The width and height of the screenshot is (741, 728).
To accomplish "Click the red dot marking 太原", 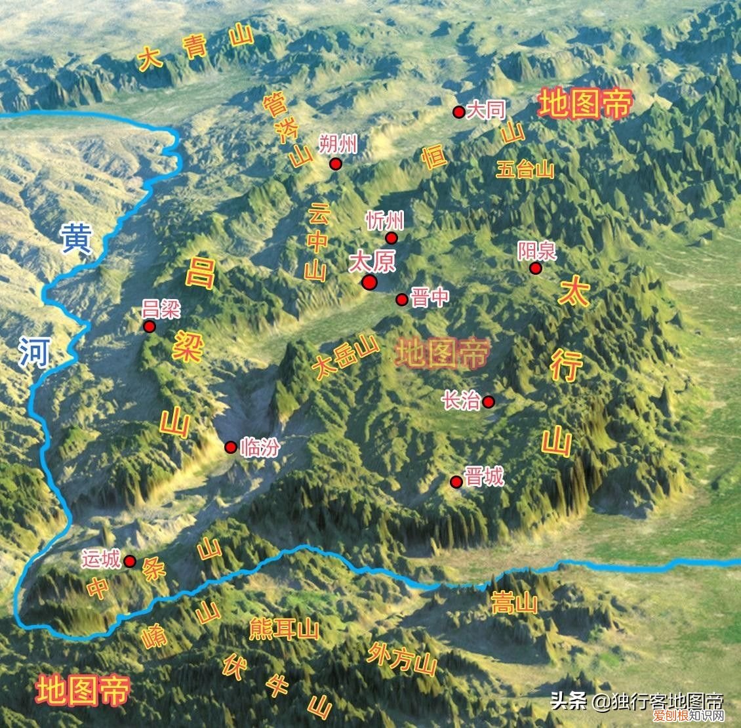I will point(369,282).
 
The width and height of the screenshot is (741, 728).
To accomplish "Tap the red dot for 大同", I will point(459,112).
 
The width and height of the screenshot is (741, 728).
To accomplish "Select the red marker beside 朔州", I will point(336,164).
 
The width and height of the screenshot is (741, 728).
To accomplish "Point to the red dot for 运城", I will point(130,561).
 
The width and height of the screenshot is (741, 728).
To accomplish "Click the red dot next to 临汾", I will point(231,447).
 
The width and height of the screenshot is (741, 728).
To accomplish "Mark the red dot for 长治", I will point(489,401).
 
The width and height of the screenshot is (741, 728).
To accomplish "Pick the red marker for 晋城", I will point(456,482).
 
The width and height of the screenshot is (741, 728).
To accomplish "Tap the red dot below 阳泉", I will point(536,268).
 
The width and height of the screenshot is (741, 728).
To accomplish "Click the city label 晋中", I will point(430,298).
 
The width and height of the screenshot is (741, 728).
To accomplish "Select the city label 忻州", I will point(385,220).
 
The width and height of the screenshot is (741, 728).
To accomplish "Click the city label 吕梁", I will point(161,309).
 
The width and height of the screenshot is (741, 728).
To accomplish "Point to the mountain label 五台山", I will point(525,171).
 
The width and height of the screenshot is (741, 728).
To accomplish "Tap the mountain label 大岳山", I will point(346,357).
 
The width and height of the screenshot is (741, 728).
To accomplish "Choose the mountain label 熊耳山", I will point(284,629).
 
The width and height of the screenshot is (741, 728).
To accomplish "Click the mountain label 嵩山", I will point(514,603).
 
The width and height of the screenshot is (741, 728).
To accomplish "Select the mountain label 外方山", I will point(402,658).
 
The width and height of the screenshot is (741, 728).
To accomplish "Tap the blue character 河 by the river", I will point(34,351).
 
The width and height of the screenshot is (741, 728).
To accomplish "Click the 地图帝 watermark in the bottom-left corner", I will point(83,691).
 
